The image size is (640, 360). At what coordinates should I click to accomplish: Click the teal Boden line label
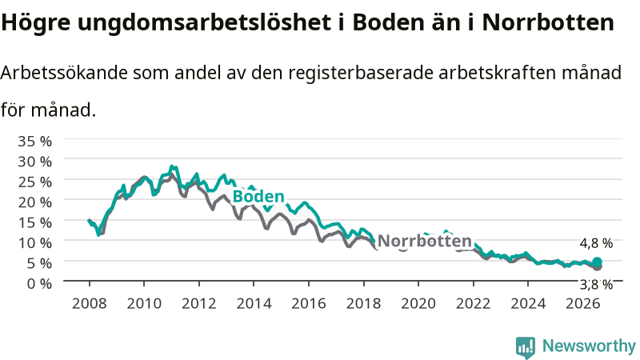click(x=258, y=196)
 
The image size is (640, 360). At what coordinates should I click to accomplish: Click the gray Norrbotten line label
click(x=425, y=241)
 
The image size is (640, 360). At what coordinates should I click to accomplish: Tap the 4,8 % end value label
click(x=596, y=243)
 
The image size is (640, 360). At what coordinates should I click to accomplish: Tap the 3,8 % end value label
click(x=596, y=285)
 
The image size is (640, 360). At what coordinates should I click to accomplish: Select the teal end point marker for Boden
click(x=597, y=262)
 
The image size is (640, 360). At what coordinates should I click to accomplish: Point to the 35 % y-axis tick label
click(x=34, y=142)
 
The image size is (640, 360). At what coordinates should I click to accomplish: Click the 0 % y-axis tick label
click(x=39, y=283)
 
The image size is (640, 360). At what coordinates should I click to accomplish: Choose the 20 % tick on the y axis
click(x=34, y=202)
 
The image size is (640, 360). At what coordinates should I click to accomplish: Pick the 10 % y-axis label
click(x=34, y=243)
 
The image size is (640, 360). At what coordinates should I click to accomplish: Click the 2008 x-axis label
click(x=89, y=304)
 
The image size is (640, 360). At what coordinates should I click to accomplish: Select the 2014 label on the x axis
click(x=254, y=304)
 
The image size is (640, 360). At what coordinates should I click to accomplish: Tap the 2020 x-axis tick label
click(x=418, y=304)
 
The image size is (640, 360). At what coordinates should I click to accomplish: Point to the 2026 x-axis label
click(x=583, y=304)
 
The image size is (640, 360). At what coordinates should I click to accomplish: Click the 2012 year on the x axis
click(x=198, y=304)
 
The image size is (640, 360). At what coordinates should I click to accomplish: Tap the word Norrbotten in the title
click(x=548, y=22)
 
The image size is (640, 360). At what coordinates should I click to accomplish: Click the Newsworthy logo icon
click(x=526, y=347)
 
